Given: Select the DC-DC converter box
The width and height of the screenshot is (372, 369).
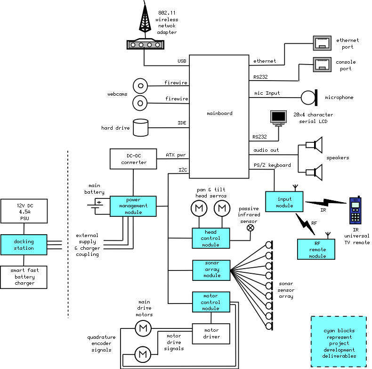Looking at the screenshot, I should tap(133, 159).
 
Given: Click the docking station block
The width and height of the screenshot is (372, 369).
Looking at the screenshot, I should tap(24, 245).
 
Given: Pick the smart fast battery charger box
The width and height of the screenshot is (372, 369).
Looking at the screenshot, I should tap(24, 277).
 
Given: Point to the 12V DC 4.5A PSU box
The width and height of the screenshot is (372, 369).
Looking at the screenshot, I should tap(24, 212).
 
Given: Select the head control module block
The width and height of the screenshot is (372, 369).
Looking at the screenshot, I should tap(211, 238).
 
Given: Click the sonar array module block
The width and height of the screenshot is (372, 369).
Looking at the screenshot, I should tap(211, 269).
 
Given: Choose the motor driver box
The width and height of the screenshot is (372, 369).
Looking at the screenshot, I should tap(211, 333).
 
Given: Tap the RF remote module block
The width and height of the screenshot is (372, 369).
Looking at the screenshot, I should tap(317, 249).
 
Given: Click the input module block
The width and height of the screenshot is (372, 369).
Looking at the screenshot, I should tap(284, 202).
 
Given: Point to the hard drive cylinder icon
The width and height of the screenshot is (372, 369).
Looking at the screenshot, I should tap(140, 128).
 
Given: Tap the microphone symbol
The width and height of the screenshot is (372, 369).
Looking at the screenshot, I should tap(309, 98).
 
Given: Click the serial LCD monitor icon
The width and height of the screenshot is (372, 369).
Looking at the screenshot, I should tap(278, 118).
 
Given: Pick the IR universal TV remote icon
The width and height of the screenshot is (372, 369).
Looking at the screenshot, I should tap(356, 210).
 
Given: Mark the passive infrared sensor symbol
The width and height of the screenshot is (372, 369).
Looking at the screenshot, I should tap(251, 228).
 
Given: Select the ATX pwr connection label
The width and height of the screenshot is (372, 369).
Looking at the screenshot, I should tap(176, 155).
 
